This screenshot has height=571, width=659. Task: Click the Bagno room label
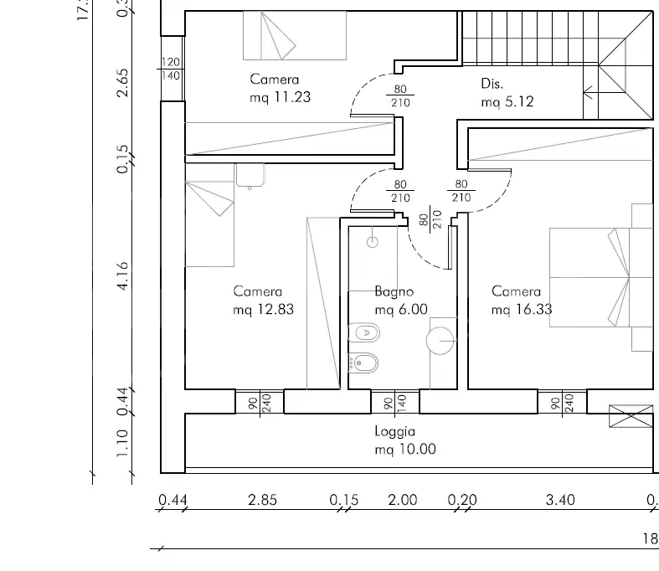pos(394,292)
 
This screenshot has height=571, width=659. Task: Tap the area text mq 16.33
pos(523,309)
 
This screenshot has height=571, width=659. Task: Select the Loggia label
pos(395,432)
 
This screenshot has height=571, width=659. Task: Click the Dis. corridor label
pos(492,84)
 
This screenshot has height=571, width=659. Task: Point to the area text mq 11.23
pos(280,96)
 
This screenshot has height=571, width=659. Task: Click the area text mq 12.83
pos(263,309)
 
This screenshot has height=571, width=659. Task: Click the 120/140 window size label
pos(171,69)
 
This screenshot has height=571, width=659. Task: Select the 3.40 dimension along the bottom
pos(560,500)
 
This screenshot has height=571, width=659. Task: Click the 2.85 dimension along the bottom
pos(263,500)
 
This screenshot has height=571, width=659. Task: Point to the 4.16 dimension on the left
pos(123,276)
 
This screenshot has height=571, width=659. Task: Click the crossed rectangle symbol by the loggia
pos(631,416)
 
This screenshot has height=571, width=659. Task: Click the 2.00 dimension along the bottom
pos(402,500)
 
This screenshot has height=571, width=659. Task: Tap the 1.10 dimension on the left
pos(123,444)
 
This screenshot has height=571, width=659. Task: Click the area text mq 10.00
pos(405,449)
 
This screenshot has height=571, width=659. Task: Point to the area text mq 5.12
pos(507,101)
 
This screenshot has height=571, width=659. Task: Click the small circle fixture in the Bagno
pos(373,242)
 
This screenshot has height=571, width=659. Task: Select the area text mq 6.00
pos(401,309)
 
